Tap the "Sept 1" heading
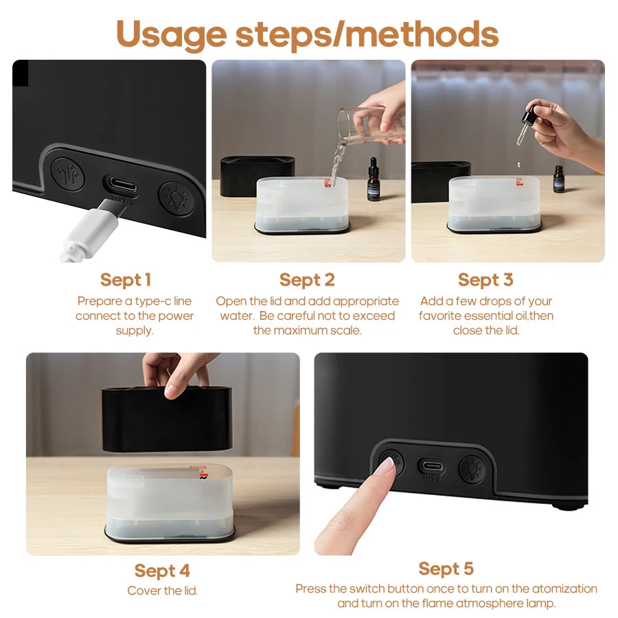(x=126, y=279)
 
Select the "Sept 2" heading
(x=307, y=279)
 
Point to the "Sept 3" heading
(x=485, y=279)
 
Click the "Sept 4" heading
(x=163, y=571)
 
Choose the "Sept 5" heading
(x=446, y=569)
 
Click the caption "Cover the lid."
(x=163, y=591)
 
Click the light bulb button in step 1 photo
(x=176, y=198)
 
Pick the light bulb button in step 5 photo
(x=472, y=468)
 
